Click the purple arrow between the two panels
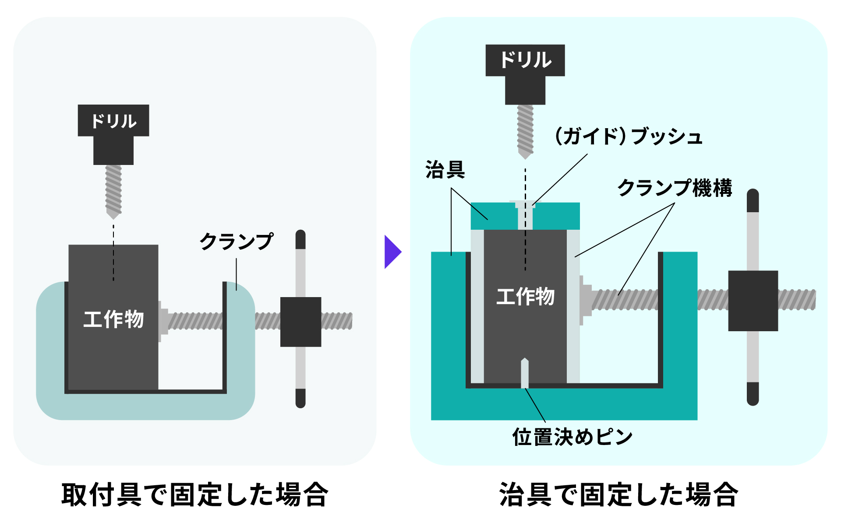[x=392, y=252]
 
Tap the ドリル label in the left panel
[x=113, y=121]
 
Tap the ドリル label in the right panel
[x=525, y=60]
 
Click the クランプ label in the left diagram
[x=237, y=242]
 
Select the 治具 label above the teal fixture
[x=445, y=170]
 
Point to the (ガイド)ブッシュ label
[x=629, y=137]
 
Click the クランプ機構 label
[x=675, y=188]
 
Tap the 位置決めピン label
[x=572, y=437]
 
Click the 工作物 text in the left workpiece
[x=113, y=319]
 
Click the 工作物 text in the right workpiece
[x=525, y=296]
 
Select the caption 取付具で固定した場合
[x=195, y=495]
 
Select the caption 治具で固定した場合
[x=618, y=495]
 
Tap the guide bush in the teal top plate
[x=525, y=215]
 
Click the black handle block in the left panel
[x=300, y=322]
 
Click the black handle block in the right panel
[x=753, y=301]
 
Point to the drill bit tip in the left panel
[x=113, y=215]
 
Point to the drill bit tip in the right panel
[x=525, y=155]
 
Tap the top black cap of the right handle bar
[x=753, y=200]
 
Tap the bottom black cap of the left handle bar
[x=300, y=398]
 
